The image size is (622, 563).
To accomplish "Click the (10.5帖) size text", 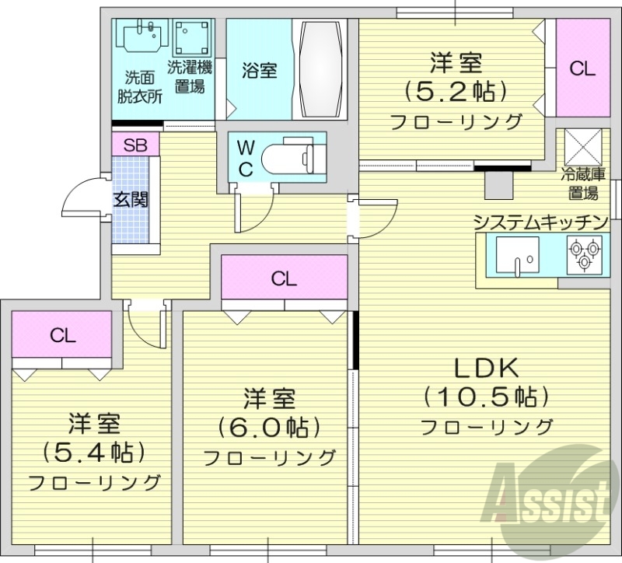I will click(487, 397).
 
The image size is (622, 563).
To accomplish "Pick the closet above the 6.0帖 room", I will click(285, 278).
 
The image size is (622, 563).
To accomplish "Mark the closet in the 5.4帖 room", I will click(63, 335).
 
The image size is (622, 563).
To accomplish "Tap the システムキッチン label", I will click(539, 222).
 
